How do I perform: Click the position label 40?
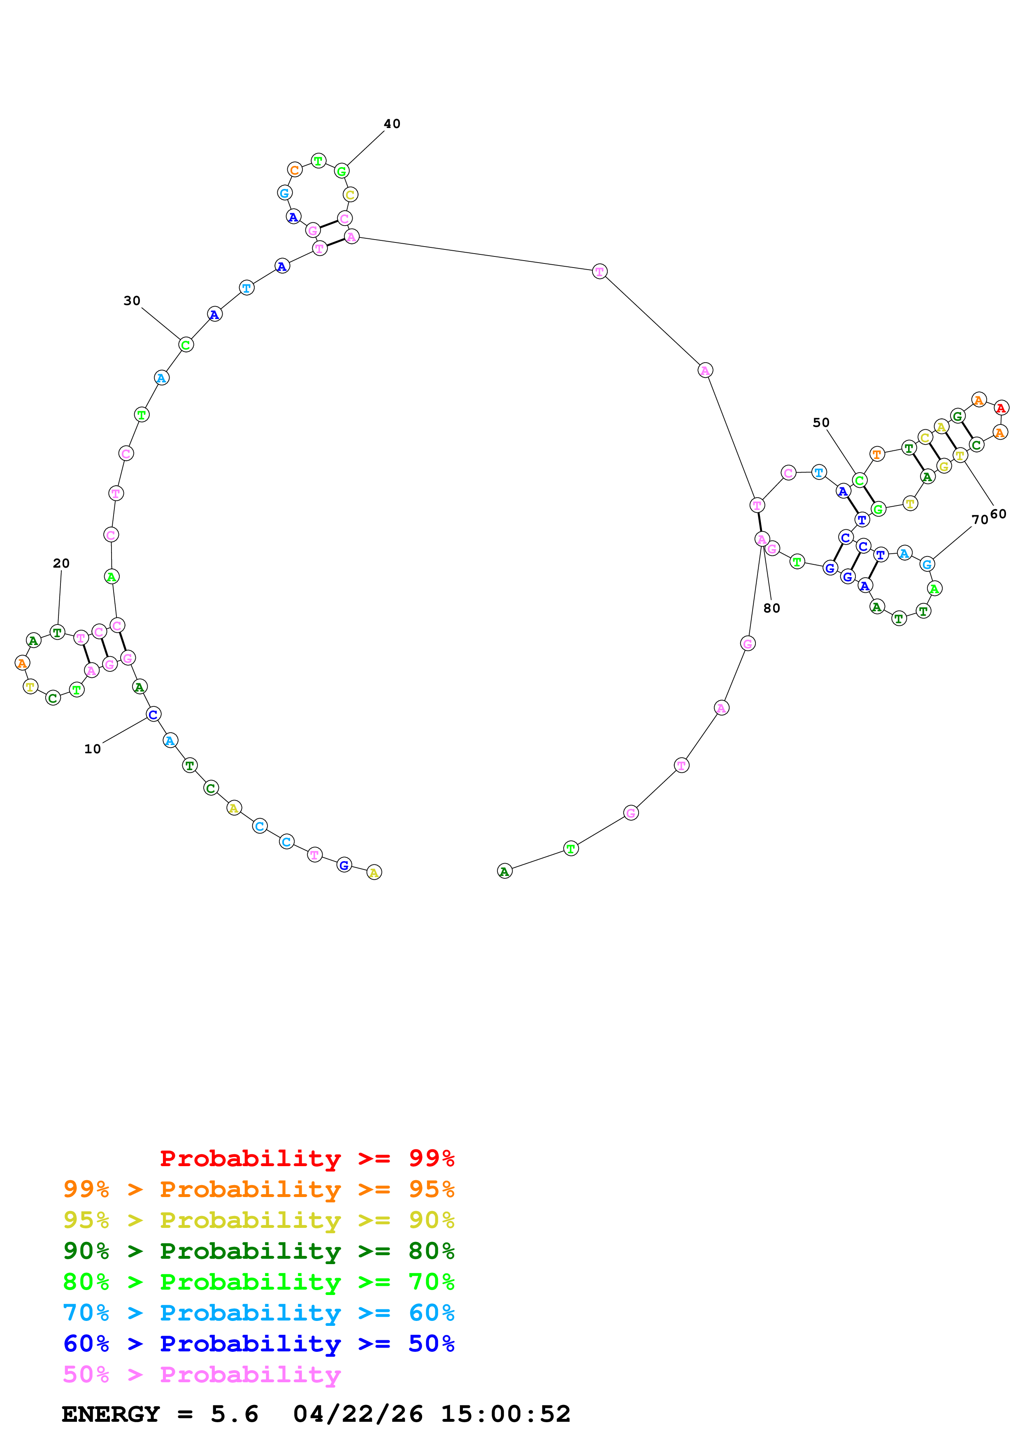point(392,124)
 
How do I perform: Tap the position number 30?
point(132,300)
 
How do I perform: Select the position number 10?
point(93,748)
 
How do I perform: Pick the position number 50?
point(821,423)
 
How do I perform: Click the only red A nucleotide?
point(1001,408)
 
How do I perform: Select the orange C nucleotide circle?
point(295,170)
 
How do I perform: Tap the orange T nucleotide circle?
point(877,454)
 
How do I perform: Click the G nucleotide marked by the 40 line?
point(341,171)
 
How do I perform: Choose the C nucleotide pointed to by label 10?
point(153,715)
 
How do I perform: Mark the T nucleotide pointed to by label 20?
point(57,632)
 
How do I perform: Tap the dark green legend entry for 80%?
point(258,1251)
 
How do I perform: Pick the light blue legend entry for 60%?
point(258,1313)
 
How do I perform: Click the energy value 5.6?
point(235,1414)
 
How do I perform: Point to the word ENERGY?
point(111,1414)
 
